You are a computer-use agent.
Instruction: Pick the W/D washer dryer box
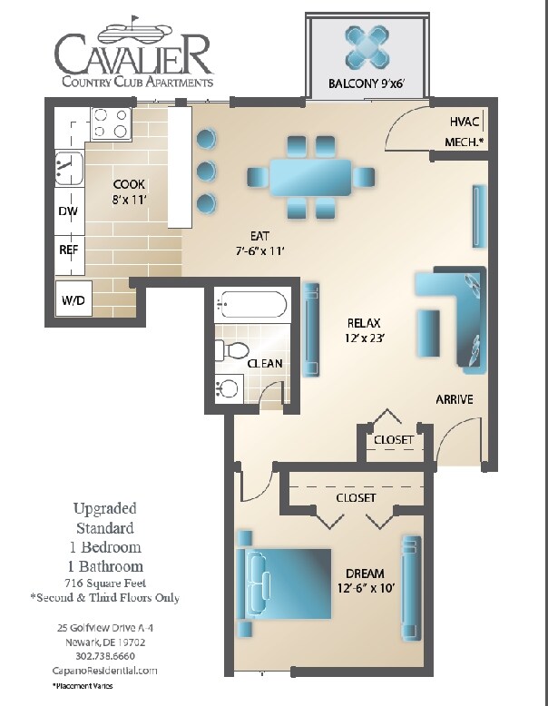pos(72,299)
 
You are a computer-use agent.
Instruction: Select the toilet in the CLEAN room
pos(233,350)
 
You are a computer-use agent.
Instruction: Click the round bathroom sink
pos(228,389)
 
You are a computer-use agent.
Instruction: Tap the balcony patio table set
pos(367,47)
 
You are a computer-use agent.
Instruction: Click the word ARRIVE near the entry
pos(455,399)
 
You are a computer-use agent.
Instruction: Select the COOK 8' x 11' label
pos(130,191)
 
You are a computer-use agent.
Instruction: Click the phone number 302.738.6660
pos(105,655)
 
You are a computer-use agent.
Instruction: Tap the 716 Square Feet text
pos(105,583)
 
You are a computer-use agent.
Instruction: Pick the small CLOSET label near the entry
pos(393,440)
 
